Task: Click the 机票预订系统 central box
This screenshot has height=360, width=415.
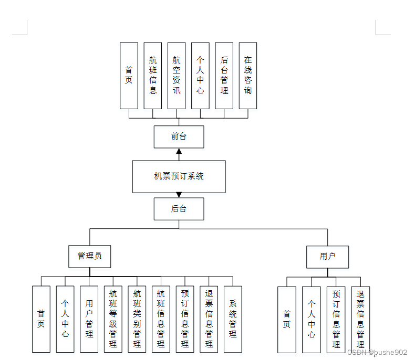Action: [179, 176]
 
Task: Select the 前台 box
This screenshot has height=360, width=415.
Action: [179, 136]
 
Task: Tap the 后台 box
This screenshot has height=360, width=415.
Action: [179, 208]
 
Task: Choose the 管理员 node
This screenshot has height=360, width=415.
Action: [89, 257]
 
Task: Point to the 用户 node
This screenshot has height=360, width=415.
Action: [327, 257]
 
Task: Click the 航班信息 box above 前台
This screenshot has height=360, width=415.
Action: [153, 76]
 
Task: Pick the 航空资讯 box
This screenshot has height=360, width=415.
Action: [177, 76]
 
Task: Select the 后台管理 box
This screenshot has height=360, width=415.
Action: [224, 76]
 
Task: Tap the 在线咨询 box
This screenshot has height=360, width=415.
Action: [248, 76]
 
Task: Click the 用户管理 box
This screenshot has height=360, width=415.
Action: [89, 319]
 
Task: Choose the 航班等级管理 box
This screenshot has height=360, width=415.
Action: [113, 319]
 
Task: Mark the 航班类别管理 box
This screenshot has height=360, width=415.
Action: [137, 319]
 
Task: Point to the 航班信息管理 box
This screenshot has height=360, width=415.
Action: [161, 319]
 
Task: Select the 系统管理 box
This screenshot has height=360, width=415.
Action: [233, 319]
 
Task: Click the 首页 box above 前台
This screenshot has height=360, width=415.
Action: [129, 76]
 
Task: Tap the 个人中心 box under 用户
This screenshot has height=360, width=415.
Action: [311, 319]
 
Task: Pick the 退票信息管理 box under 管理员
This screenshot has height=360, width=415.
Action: [209, 319]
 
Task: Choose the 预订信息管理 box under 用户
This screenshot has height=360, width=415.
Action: [336, 319]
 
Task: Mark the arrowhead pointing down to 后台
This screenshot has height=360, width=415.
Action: [179, 195]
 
